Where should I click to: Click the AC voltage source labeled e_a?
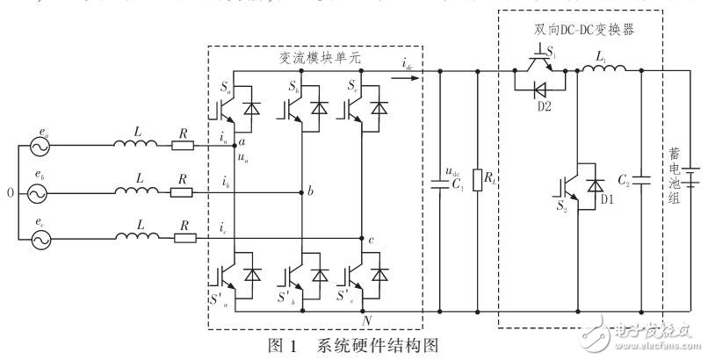41,148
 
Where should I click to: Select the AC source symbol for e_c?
41,238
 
